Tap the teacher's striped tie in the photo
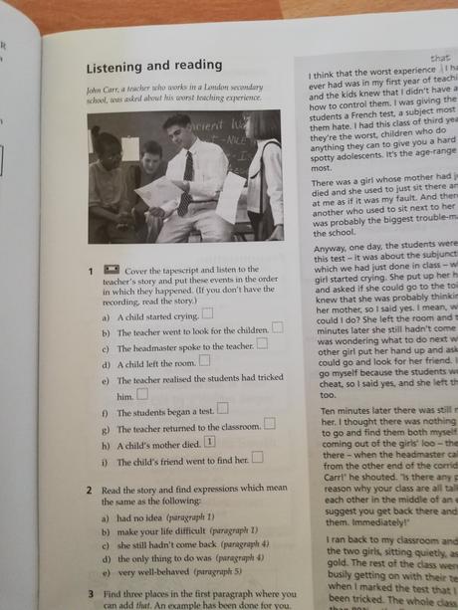(187, 179)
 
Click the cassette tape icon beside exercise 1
(112, 271)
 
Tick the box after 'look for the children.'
(277, 327)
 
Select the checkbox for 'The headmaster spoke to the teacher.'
(263, 344)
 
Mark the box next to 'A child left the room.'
(204, 361)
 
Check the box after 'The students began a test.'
(223, 408)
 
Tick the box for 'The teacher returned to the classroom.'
(270, 424)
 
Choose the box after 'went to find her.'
(258, 457)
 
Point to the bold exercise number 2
(90, 492)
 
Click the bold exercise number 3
(90, 593)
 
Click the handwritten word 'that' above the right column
(439, 59)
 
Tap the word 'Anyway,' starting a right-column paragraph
(332, 250)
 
